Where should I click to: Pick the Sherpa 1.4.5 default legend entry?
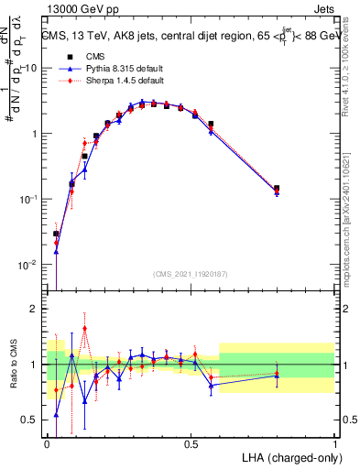(120, 81)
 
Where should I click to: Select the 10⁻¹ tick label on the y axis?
(29, 200)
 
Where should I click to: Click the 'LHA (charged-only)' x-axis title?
(290, 457)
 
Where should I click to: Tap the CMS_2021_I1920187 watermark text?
(191, 274)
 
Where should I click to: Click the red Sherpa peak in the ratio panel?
(85, 328)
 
